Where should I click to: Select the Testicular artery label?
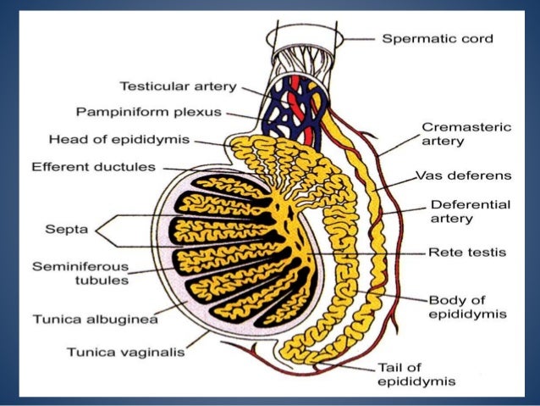click(x=177, y=86)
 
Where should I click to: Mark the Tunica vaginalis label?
click(x=129, y=350)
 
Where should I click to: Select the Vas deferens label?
click(x=462, y=175)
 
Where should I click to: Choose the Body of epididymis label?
click(x=466, y=306)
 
